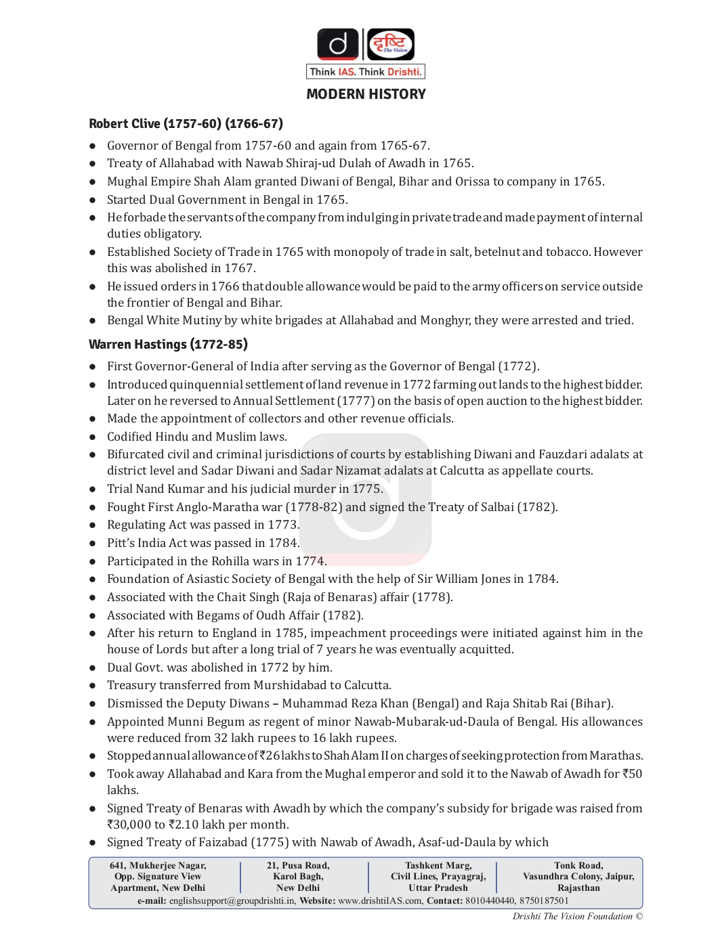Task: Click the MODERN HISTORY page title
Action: tap(366, 94)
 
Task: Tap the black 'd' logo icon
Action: tap(338, 45)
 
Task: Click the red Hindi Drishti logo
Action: tap(391, 45)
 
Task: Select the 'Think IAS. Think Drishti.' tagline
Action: tap(366, 72)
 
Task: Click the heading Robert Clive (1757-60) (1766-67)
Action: tap(186, 124)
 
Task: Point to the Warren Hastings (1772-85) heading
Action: tap(168, 345)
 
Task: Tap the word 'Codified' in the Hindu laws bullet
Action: tap(129, 437)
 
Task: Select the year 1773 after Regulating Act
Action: tap(282, 525)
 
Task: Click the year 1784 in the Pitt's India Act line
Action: tap(282, 543)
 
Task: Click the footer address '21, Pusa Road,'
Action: tap(298, 866)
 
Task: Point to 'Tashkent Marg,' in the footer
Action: tap(438, 866)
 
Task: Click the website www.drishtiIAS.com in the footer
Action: tap(381, 901)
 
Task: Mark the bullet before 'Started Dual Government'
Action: tap(93, 200)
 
